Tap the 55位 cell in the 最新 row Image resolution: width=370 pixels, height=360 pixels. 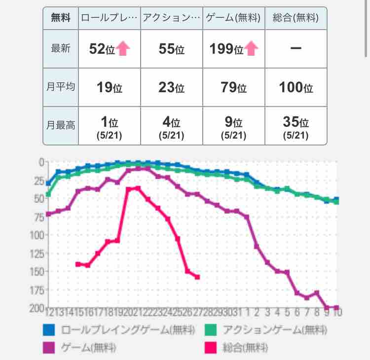(171, 49)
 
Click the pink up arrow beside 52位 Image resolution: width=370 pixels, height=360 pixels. (123, 48)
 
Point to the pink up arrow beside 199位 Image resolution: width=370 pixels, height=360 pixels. (252, 48)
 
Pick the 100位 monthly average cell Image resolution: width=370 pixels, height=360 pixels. (296, 87)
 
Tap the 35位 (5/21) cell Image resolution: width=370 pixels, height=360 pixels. (296, 127)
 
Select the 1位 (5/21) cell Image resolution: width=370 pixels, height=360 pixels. (109, 127)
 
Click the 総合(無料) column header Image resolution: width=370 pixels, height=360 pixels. (296, 18)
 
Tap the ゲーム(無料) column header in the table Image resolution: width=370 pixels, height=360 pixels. (233, 18)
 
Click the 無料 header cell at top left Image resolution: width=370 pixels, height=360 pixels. (61, 18)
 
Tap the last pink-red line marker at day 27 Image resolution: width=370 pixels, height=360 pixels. (197, 277)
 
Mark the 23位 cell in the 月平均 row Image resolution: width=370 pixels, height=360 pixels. (171, 87)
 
